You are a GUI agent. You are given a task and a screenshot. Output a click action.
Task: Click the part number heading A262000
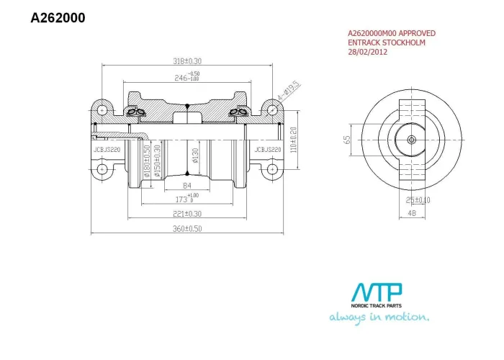(x=58, y=18)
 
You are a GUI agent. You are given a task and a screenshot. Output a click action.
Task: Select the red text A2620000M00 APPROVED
(x=391, y=33)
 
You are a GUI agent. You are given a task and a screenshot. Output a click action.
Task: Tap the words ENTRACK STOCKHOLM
(x=386, y=42)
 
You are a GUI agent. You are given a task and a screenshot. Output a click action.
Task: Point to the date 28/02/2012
(x=367, y=52)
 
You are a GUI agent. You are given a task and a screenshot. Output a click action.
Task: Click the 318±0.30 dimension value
(x=188, y=61)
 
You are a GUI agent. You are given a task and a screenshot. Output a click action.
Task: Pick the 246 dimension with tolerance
(x=187, y=76)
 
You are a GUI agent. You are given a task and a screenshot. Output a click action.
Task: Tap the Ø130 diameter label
(x=195, y=156)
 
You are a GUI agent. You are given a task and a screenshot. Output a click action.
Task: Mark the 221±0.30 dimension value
(x=187, y=214)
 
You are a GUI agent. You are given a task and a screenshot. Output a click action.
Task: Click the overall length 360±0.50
(x=188, y=228)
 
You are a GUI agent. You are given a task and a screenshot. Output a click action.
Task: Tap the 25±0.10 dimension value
(x=418, y=199)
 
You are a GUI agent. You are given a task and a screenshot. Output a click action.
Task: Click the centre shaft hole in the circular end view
(x=412, y=140)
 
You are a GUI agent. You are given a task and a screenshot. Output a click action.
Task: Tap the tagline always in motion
(x=379, y=317)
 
